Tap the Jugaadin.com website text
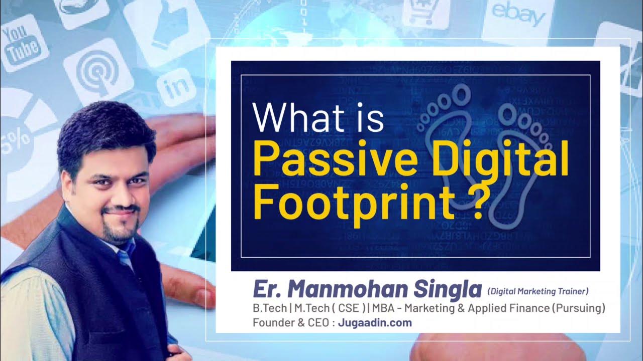pyautogui.click(x=374, y=322)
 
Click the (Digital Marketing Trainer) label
pyautogui.click(x=538, y=291)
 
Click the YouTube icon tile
pyautogui.click(x=21, y=43)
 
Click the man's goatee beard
pyautogui.click(x=118, y=228)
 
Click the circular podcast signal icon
pyautogui.click(x=98, y=75)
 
